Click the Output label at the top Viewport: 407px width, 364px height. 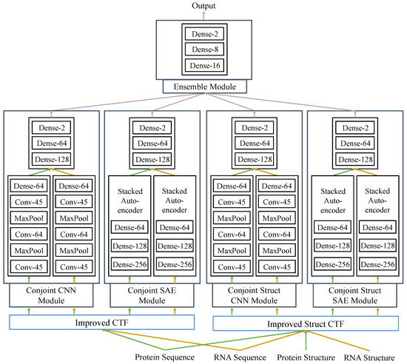(x=203, y=6)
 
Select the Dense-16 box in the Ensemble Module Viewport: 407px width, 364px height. (x=204, y=65)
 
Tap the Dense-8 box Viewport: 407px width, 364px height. (x=204, y=50)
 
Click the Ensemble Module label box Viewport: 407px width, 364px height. (x=205, y=87)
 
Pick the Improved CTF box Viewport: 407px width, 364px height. (x=102, y=323)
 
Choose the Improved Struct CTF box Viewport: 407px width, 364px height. (x=306, y=323)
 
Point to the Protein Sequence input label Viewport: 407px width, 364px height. (x=164, y=357)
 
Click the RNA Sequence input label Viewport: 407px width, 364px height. (x=240, y=357)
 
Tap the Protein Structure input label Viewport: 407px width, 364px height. (x=306, y=357)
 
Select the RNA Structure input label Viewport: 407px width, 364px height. (x=369, y=358)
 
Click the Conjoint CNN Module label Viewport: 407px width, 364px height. (x=51, y=295)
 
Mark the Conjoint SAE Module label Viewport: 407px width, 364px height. (x=152, y=295)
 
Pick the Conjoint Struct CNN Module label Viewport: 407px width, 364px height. (x=254, y=295)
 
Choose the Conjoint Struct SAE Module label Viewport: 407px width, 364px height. (x=354, y=295)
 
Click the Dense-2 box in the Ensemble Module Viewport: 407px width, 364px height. (x=204, y=34)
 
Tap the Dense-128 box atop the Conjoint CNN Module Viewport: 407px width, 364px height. (x=51, y=159)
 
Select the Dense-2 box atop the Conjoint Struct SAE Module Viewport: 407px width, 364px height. (x=355, y=128)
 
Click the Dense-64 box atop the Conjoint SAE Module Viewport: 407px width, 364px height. (x=152, y=144)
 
